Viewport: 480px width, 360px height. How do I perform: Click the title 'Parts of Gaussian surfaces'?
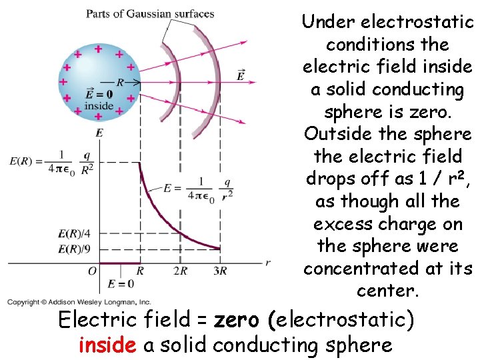pos(150,13)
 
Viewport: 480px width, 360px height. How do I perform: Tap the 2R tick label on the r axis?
pos(180,271)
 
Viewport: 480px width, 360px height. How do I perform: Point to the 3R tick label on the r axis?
pos(220,271)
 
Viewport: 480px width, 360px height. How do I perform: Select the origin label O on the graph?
pos(92,271)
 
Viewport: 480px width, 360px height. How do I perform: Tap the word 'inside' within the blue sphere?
pos(99,105)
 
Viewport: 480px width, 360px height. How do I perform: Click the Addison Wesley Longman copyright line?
pos(80,302)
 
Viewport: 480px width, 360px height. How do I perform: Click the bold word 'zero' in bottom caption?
pos(238,321)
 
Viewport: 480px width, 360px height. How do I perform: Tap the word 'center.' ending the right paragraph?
pos(387,291)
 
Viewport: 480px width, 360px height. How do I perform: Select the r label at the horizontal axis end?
pos(268,263)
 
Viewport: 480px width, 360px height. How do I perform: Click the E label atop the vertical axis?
pos(99,133)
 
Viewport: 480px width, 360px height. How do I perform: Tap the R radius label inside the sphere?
pos(120,83)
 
